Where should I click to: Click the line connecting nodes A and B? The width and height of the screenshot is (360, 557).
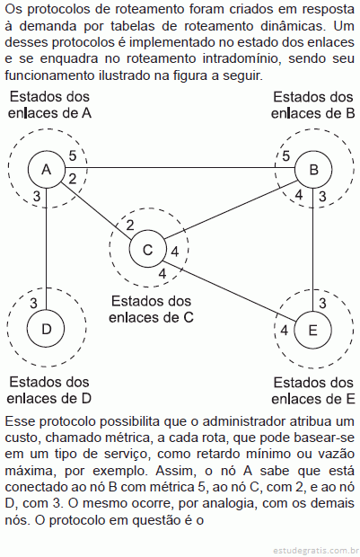point(180,168)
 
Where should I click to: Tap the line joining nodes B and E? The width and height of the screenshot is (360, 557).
point(312,250)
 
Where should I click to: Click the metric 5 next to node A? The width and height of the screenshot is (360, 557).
point(73,155)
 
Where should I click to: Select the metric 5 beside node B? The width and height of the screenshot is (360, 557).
point(285,156)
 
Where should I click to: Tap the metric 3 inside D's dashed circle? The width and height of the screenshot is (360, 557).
point(33,303)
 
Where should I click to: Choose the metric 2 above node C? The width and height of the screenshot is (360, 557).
point(130,225)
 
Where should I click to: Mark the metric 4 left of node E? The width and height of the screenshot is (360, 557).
point(284,331)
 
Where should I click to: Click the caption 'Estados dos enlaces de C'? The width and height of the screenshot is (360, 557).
point(151,309)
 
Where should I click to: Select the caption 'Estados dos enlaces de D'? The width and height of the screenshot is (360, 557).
point(49,390)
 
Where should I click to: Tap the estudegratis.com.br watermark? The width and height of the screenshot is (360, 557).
point(315,550)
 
